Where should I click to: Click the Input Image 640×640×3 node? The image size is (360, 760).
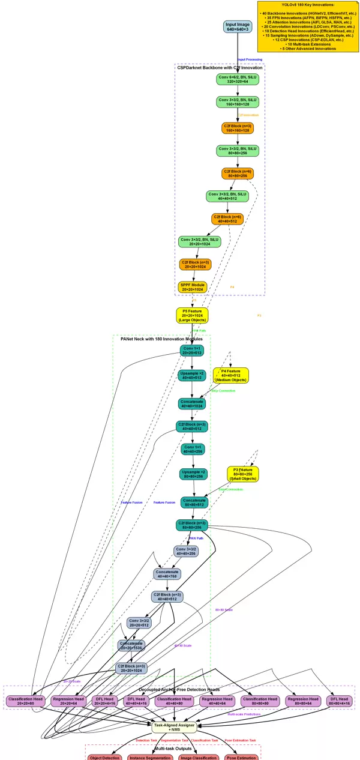[x=238, y=27]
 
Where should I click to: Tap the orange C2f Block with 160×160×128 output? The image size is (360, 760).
[x=238, y=128]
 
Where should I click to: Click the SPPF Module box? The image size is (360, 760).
[x=192, y=286]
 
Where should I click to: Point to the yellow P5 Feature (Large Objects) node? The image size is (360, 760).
[x=192, y=315]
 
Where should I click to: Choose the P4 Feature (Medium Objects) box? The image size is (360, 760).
[x=231, y=376]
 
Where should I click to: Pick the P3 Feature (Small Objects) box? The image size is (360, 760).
[x=243, y=474]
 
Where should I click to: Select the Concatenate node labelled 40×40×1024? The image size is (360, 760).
[x=192, y=403]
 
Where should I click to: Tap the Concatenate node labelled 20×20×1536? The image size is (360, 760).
[x=131, y=645]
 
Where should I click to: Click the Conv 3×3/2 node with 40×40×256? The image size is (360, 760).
[x=186, y=550]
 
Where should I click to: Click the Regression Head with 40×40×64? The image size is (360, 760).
[x=217, y=701]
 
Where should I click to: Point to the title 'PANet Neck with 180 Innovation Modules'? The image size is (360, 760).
[x=161, y=340]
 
